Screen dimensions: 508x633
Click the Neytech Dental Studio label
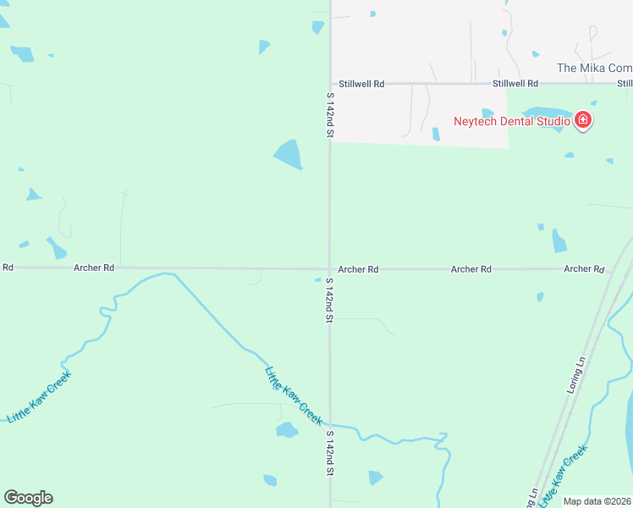[511, 121]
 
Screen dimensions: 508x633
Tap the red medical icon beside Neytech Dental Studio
[582, 121]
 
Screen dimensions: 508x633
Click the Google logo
[28, 498]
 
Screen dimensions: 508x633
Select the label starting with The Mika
[594, 68]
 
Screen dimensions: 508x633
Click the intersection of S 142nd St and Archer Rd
[330, 268]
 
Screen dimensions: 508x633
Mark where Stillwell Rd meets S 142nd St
[330, 84]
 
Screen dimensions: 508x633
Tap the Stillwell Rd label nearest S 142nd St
[361, 84]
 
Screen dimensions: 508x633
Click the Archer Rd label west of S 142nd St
[94, 268]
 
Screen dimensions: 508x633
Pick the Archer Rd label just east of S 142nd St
[358, 269]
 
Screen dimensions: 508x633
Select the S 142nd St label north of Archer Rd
[330, 116]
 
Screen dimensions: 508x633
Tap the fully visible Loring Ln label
[575, 376]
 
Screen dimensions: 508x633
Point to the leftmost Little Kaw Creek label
[39, 397]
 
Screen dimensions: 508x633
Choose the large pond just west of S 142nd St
[288, 154]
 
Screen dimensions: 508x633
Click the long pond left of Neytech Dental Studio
[545, 113]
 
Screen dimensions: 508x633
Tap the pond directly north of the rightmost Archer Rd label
[559, 241]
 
